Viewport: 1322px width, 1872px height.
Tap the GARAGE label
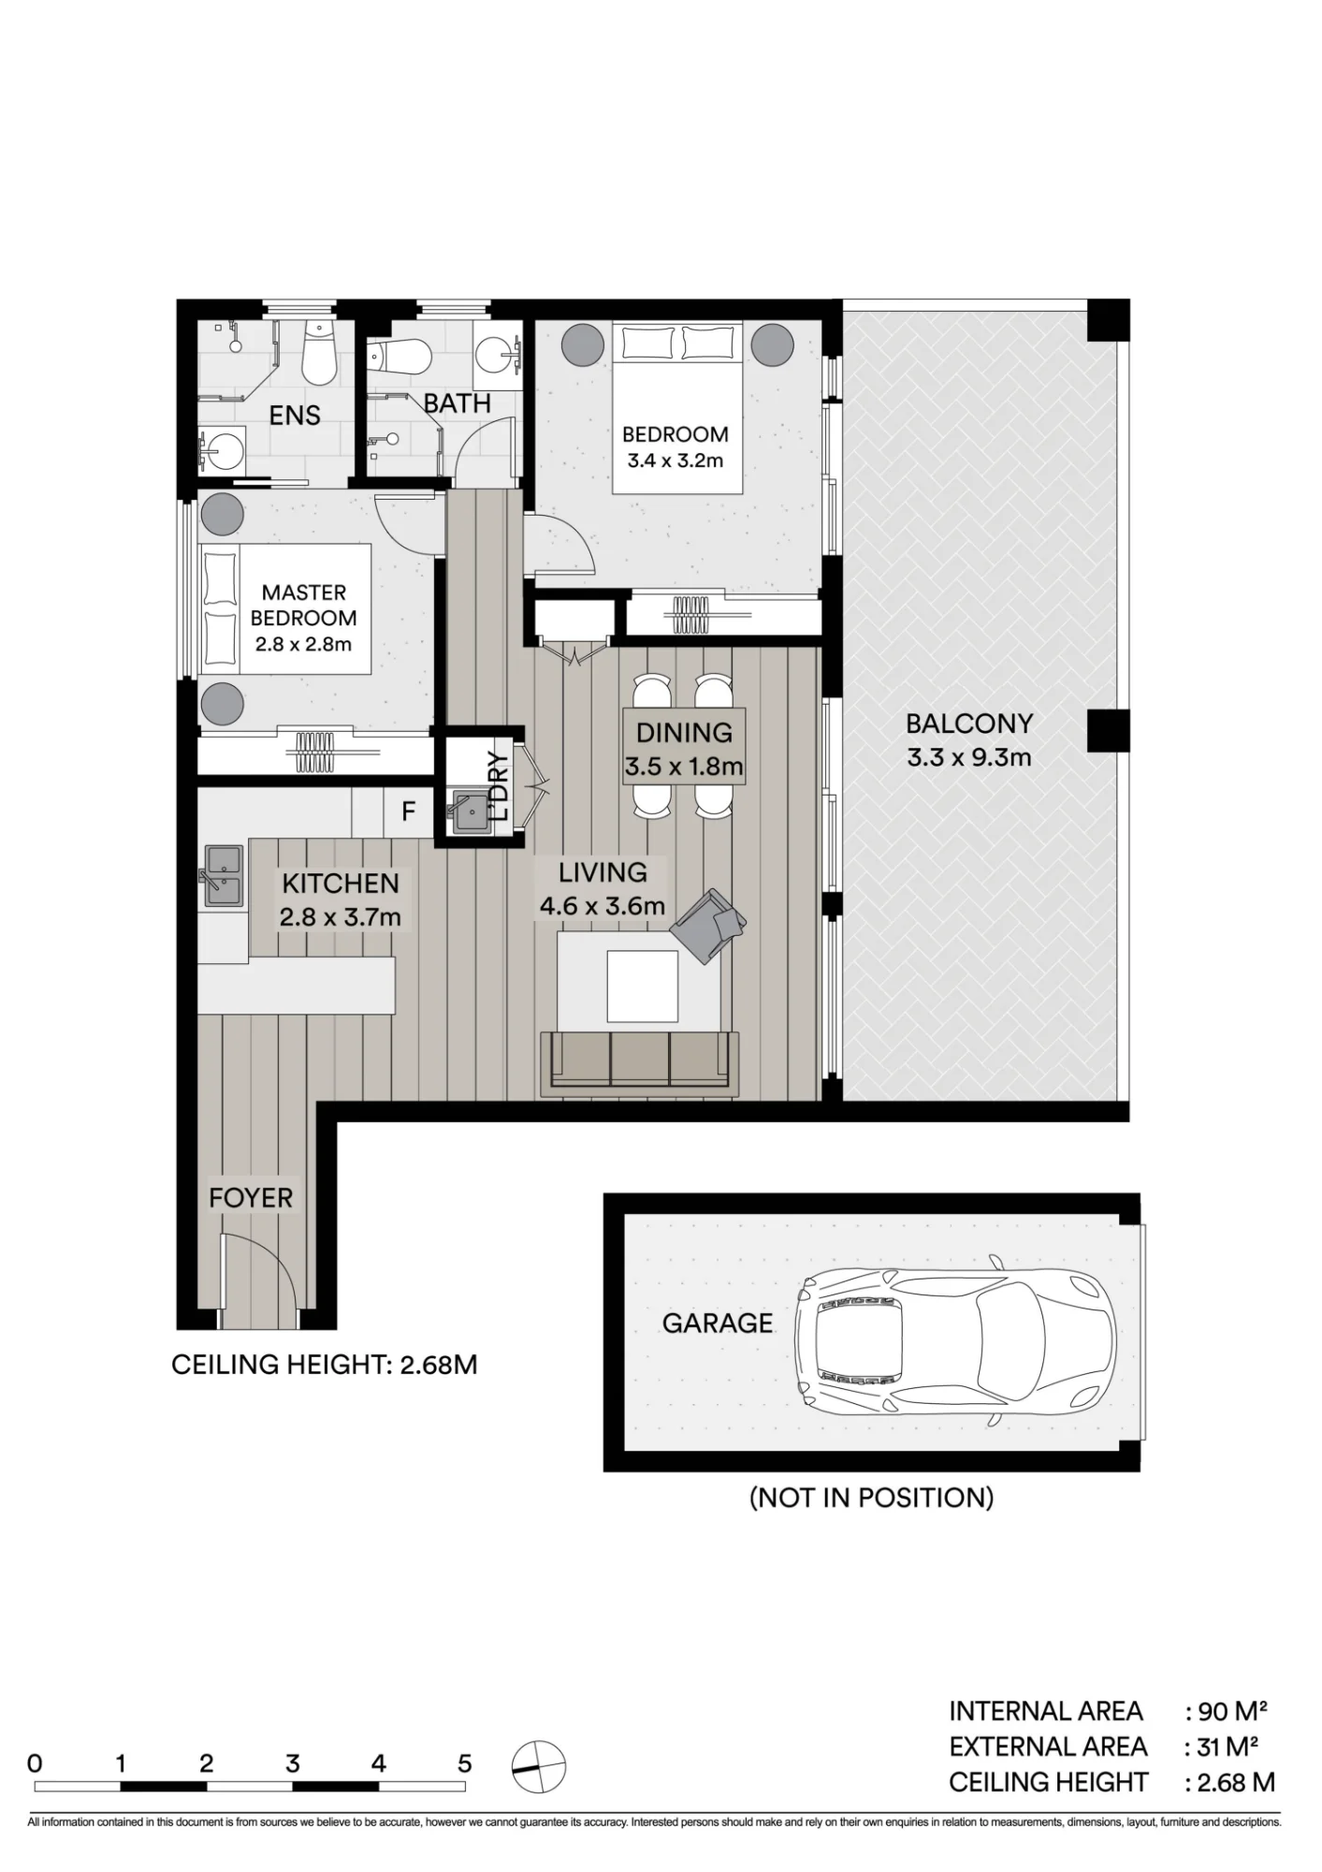[x=718, y=1324]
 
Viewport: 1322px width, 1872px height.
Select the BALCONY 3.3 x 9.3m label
[x=968, y=739]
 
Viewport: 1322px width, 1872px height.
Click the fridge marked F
[x=408, y=812]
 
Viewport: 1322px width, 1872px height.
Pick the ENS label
[x=295, y=416]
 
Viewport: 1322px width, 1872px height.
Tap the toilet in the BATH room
[x=400, y=356]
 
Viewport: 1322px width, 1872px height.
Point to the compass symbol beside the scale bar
[x=539, y=1767]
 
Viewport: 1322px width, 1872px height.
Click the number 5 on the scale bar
[x=465, y=1763]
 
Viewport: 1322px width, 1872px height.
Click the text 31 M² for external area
[x=1228, y=1747]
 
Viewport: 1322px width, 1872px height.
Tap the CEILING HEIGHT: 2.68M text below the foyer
[x=325, y=1365]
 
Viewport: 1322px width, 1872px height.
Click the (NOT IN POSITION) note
[x=872, y=1498]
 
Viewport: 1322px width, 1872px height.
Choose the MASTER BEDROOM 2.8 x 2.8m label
[x=303, y=618]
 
